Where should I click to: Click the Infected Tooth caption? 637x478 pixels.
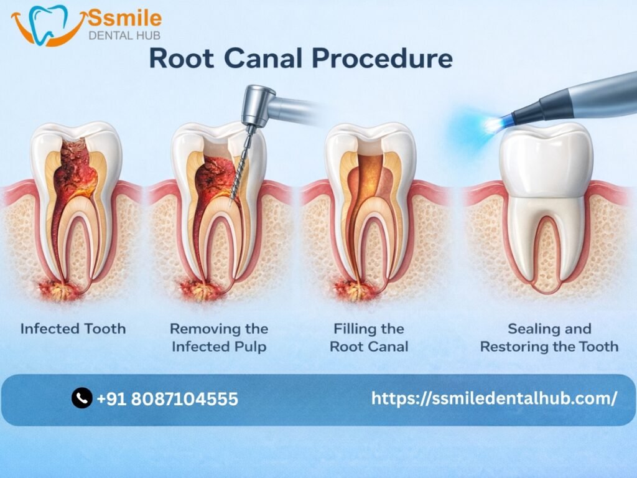click(73, 329)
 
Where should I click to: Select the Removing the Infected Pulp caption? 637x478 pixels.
click(219, 337)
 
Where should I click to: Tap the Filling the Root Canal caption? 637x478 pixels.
click(369, 337)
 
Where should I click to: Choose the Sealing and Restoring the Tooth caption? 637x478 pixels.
click(549, 337)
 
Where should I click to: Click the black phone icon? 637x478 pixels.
click(82, 398)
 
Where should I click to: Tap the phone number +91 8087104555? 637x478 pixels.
click(167, 398)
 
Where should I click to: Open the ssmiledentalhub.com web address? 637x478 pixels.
click(494, 398)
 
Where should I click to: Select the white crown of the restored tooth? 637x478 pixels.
click(546, 159)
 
